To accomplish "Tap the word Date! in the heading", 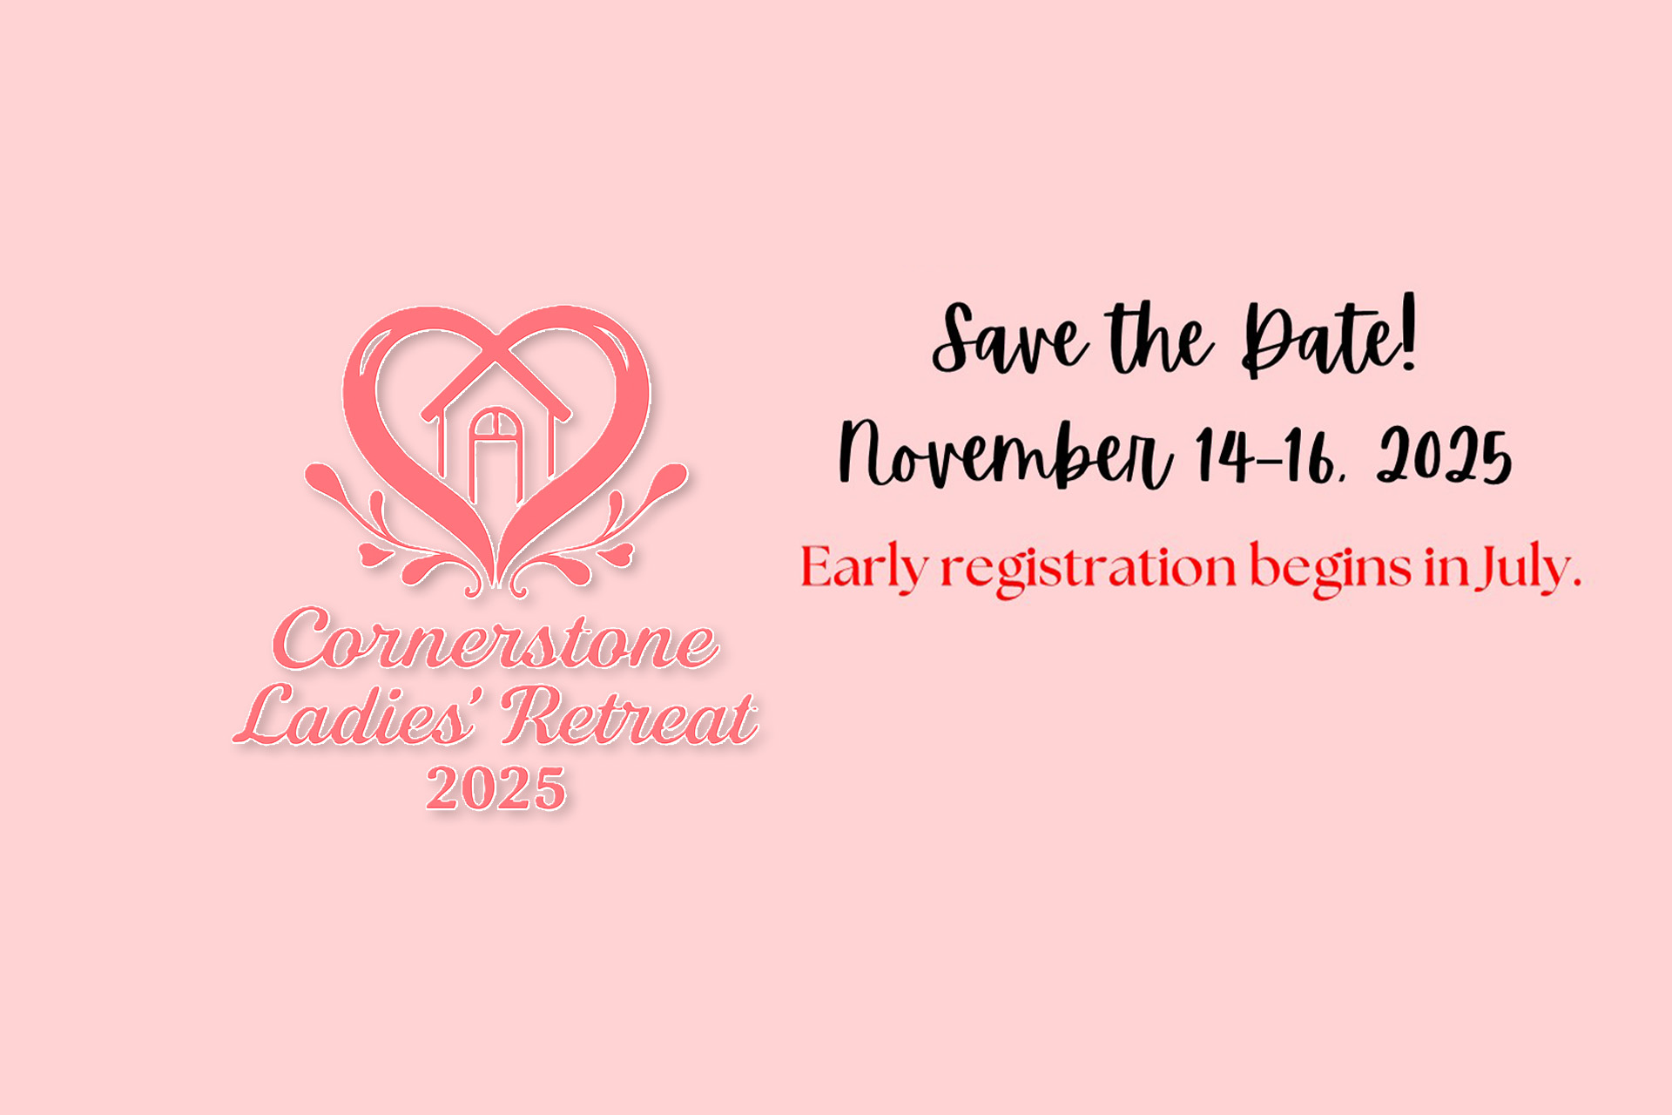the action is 1330,338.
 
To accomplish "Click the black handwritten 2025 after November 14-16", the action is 1444,456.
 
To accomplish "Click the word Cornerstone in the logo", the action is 496,640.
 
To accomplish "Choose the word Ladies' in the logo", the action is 357,716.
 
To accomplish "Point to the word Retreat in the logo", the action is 629,716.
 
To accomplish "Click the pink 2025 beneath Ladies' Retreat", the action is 496,789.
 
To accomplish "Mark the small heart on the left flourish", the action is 371,555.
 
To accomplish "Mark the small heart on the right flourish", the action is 620,555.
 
